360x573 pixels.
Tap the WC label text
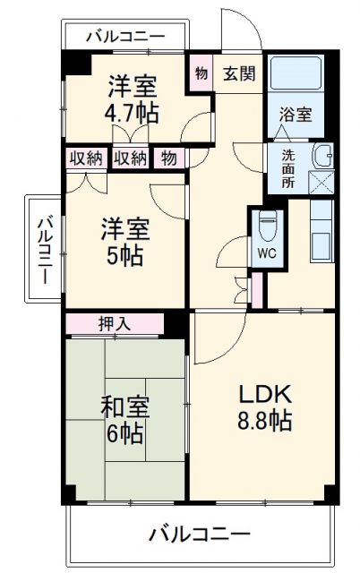tap(266, 252)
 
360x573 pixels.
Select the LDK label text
tap(266, 395)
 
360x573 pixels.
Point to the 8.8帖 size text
tap(266, 420)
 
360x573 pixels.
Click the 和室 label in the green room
tap(124, 407)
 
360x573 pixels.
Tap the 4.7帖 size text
tap(133, 113)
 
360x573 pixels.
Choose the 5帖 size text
tap(124, 253)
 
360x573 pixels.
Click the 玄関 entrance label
tap(238, 74)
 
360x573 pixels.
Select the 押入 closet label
tap(114, 323)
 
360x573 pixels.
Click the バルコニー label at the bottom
tap(199, 535)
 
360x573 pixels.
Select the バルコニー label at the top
tap(125, 38)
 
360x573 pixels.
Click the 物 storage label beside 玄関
tap(201, 74)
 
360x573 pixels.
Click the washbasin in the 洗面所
tap(321, 158)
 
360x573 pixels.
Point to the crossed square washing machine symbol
tap(320, 183)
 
